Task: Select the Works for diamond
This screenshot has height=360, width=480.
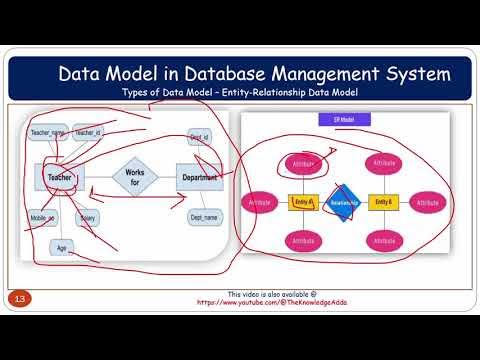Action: tap(134, 178)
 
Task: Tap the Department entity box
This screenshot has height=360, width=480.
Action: tap(199, 177)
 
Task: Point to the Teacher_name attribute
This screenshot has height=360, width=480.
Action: tap(48, 132)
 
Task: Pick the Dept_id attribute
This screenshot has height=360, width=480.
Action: tap(199, 136)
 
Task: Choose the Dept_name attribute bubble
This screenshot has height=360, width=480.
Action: tap(203, 217)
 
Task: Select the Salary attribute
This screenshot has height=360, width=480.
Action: tap(88, 216)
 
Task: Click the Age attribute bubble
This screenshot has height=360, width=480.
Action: tap(61, 247)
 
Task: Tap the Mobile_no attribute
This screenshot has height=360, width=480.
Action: tap(42, 216)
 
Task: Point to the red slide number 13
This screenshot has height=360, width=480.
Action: tap(18, 299)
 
